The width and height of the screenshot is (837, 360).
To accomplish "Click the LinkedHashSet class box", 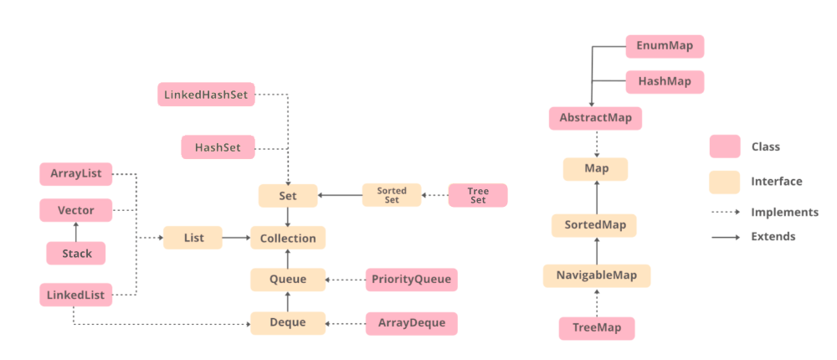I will pyautogui.click(x=206, y=94).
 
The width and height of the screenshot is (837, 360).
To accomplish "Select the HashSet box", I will pyautogui.click(x=218, y=147).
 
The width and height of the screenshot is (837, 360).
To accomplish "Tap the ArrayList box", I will pyautogui.click(x=75, y=174).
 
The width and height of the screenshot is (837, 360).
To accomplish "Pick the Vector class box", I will pyautogui.click(x=75, y=210).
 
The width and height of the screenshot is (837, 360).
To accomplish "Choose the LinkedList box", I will pyautogui.click(x=75, y=294).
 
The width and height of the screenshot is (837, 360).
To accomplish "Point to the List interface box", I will pyautogui.click(x=193, y=238).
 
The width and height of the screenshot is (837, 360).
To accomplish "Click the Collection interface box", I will pyautogui.click(x=288, y=238).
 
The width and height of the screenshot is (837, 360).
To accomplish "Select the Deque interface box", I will pyautogui.click(x=288, y=321).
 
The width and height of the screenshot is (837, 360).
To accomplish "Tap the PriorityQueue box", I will pyautogui.click(x=412, y=279).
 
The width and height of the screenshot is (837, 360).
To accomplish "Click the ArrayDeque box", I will pyautogui.click(x=412, y=322).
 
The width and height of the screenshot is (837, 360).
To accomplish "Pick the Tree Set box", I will pyautogui.click(x=478, y=195).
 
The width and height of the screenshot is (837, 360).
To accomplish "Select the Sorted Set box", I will pyautogui.click(x=392, y=195).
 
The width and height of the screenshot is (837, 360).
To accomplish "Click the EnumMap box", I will pyautogui.click(x=665, y=46).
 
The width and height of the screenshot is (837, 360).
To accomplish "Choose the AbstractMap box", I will pyautogui.click(x=595, y=117).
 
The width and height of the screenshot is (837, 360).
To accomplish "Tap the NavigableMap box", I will pyautogui.click(x=596, y=275).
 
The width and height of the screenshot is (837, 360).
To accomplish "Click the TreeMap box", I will pyautogui.click(x=596, y=328).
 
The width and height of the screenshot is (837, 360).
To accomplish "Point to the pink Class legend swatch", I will pyautogui.click(x=724, y=147).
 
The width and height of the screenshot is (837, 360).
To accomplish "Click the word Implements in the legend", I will pyautogui.click(x=784, y=212).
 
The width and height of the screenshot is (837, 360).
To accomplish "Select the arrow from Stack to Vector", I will pyautogui.click(x=75, y=232).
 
